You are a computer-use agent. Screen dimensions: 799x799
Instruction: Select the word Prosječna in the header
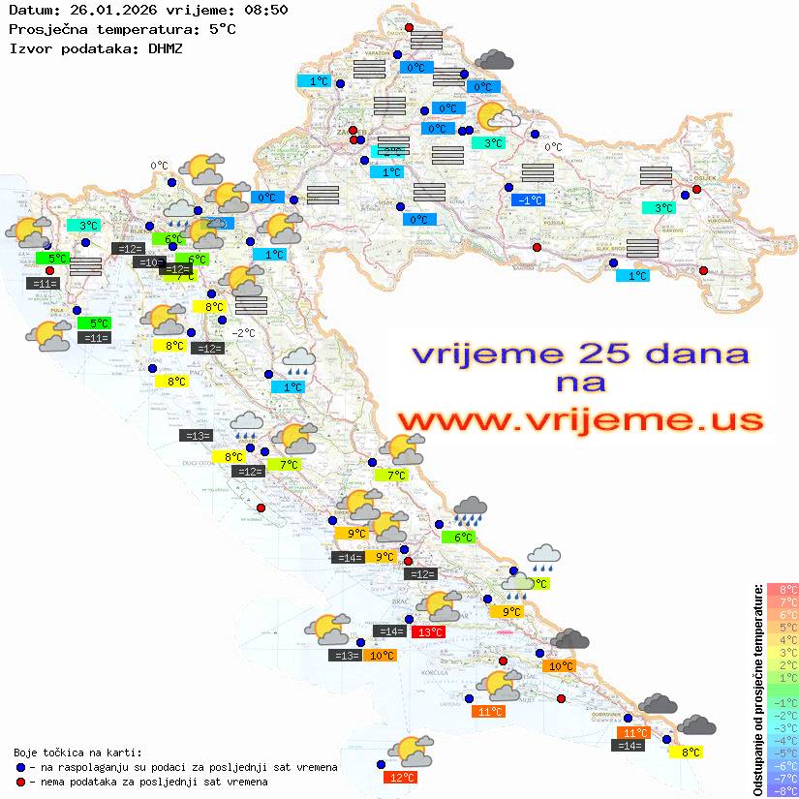(45, 28)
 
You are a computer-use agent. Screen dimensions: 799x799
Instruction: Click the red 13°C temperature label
(428, 632)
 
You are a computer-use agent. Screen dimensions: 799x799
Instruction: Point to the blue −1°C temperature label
(529, 200)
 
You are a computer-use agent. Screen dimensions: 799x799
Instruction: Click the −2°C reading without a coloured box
(243, 333)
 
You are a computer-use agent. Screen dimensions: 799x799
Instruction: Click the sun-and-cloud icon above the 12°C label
(410, 751)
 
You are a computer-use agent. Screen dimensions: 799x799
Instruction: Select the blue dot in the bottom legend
(20, 767)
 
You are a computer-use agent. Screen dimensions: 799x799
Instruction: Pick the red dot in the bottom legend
(20, 782)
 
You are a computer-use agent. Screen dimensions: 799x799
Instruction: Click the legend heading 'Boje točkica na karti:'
(77, 753)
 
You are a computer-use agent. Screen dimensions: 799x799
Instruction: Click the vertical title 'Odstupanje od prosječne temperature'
(757, 689)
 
